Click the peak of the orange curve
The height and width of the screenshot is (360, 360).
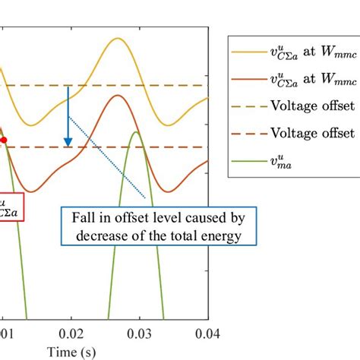point(116,96)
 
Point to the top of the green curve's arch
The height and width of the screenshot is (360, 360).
point(135,133)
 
